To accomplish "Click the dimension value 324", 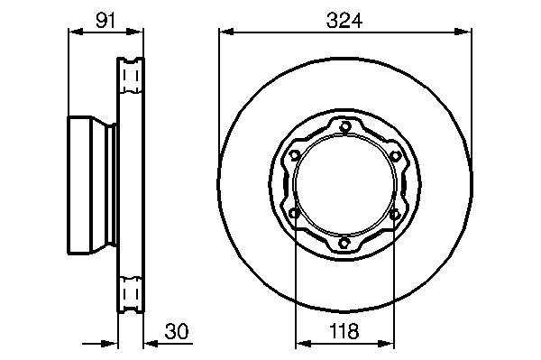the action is pyautogui.click(x=344, y=21).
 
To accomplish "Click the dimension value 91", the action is pyautogui.click(x=105, y=21).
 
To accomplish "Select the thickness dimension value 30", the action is pyautogui.click(x=177, y=331).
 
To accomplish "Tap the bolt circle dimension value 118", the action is pyautogui.click(x=344, y=331).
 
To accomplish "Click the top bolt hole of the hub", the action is pyautogui.click(x=344, y=127).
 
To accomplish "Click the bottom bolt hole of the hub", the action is pyautogui.click(x=344, y=243).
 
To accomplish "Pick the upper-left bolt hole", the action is pyautogui.click(x=294, y=155).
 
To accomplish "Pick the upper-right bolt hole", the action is pyautogui.click(x=394, y=156).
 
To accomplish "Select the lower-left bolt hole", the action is pyautogui.click(x=294, y=214).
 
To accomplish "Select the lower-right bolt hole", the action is pyautogui.click(x=394, y=215).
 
